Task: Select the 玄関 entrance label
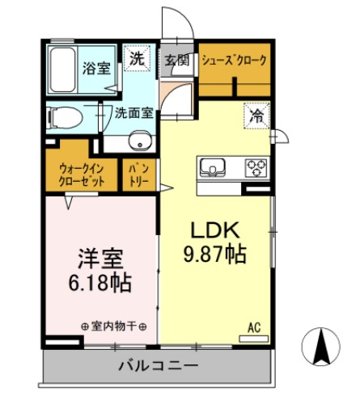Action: pos(177,61)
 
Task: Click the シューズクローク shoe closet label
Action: pos(235,61)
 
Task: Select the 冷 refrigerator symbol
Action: pos(254,115)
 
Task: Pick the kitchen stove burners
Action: pos(257,168)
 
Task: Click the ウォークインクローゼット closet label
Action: pos(81,175)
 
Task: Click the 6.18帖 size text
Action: pos(100,284)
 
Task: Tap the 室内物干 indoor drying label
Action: pos(113,326)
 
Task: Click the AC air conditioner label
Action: pos(253,327)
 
